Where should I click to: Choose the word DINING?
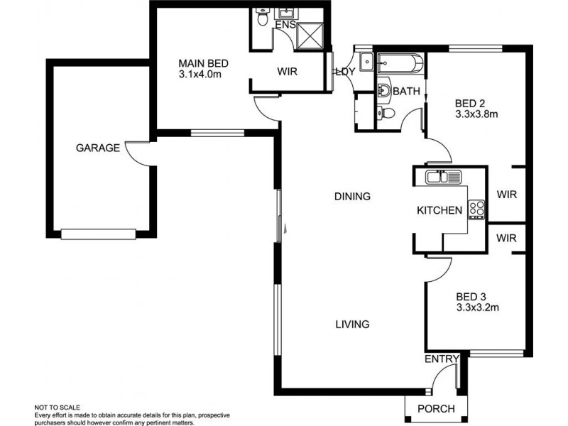pos(352,197)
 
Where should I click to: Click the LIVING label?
pos(352,324)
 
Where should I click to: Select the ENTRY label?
pos(441,360)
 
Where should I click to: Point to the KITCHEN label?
pos(439,211)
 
